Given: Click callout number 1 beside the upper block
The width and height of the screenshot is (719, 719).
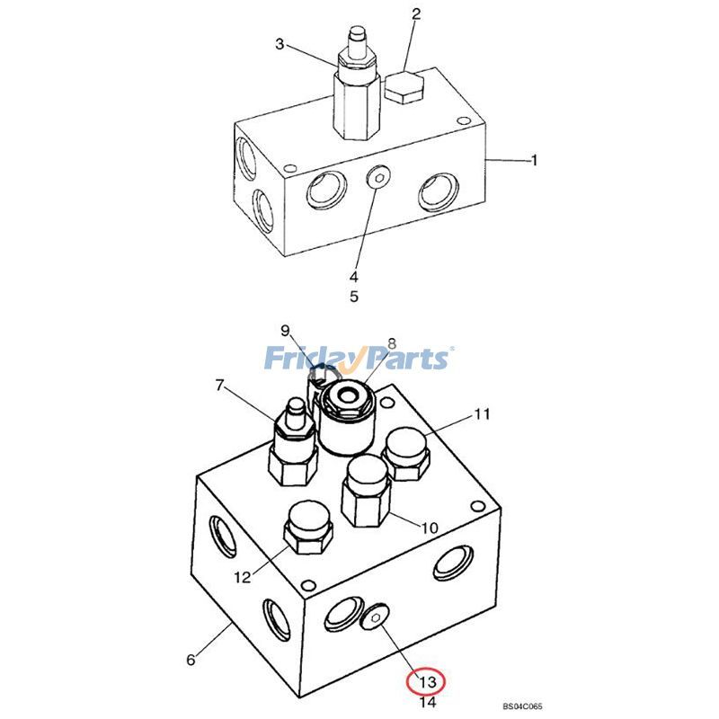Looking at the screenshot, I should [534, 161].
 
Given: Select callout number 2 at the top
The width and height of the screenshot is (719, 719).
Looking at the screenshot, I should [416, 13].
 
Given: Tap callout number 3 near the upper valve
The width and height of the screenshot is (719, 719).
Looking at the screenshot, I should [280, 44].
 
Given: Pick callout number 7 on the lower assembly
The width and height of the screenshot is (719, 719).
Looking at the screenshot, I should [218, 386].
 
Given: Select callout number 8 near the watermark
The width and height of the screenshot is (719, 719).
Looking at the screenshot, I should [392, 343].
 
